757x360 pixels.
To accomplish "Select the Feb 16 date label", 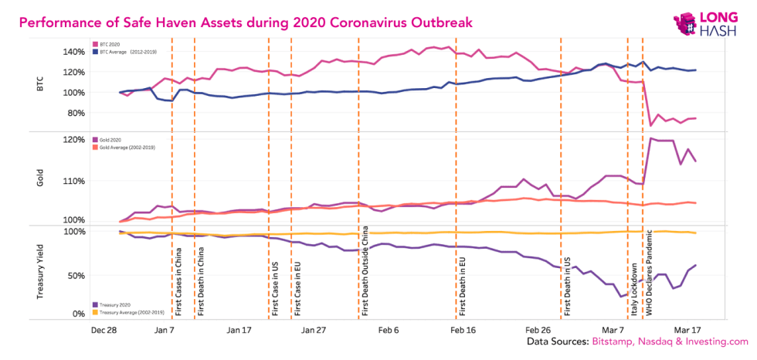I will point(463,329).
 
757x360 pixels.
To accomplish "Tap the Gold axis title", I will point(41,179).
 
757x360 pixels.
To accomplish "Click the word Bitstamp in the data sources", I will point(614,341).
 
